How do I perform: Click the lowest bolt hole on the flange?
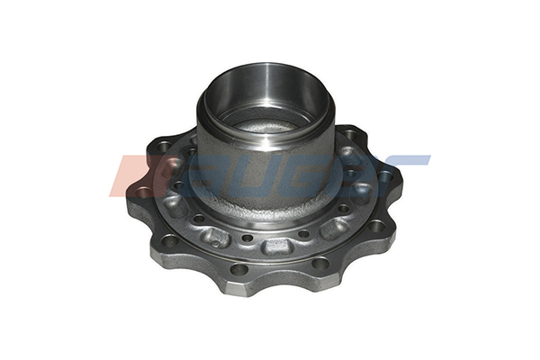(238, 268)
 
